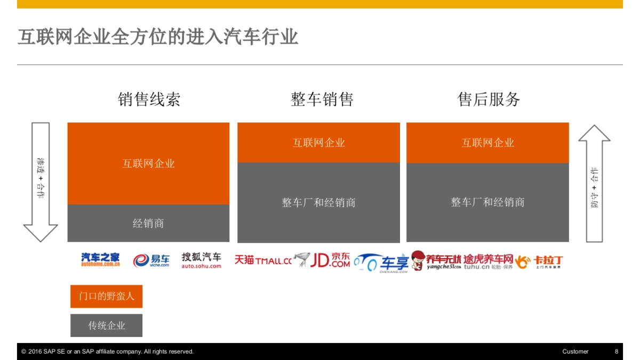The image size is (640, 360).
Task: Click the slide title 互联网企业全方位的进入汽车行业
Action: click(x=158, y=37)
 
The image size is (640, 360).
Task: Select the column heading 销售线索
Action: click(x=149, y=99)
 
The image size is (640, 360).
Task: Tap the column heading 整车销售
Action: click(x=322, y=99)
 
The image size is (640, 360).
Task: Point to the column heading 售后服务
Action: click(x=489, y=99)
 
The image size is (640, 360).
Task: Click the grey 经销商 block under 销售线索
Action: click(x=148, y=223)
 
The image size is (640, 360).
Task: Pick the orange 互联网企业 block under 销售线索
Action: click(x=148, y=164)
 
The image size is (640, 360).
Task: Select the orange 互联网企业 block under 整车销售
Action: click(x=318, y=142)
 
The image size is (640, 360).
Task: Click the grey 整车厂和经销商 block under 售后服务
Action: click(x=487, y=203)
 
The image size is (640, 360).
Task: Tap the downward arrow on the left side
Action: click(x=41, y=182)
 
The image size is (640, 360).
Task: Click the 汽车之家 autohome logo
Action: click(x=100, y=260)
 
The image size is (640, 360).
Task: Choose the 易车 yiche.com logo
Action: click(x=151, y=260)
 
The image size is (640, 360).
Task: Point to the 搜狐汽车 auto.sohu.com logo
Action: click(x=201, y=260)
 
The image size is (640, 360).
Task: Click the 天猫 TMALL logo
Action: click(x=263, y=260)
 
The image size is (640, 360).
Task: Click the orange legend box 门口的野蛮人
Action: click(x=107, y=297)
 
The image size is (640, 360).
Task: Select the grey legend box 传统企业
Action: click(x=107, y=325)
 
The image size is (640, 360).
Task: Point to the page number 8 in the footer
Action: click(x=617, y=351)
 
